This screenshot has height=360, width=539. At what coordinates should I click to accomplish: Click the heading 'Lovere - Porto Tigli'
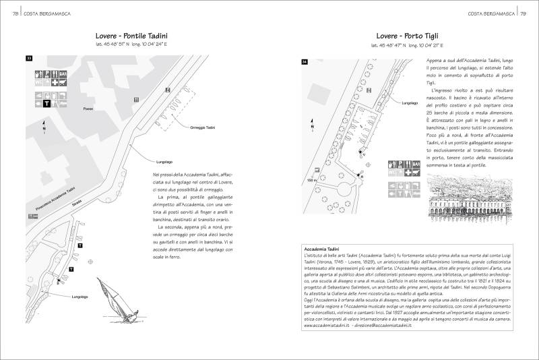coord(408,36)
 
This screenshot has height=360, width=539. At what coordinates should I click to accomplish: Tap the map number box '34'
coord(305,62)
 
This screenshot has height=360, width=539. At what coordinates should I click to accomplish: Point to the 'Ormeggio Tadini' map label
coord(202,126)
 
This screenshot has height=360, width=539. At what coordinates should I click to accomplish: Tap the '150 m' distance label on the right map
coord(312,180)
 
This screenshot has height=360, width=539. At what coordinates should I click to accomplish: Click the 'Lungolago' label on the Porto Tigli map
coord(410,104)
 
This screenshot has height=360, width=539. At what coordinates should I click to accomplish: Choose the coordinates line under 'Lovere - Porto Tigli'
coord(408,46)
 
